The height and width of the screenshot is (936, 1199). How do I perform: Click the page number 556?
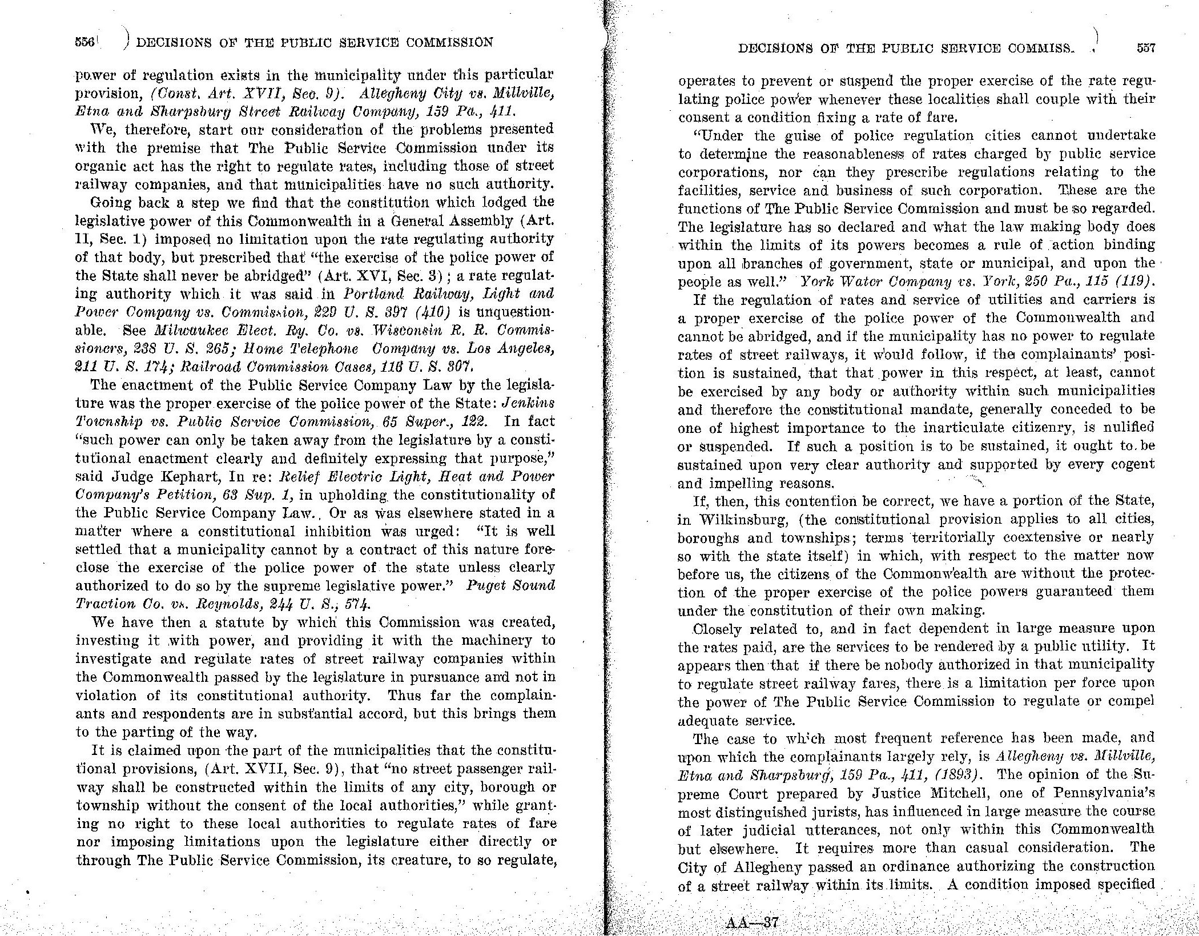click(x=85, y=42)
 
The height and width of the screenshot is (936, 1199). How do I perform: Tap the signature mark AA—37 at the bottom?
click(x=751, y=923)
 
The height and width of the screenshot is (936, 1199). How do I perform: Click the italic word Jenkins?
click(x=528, y=403)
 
